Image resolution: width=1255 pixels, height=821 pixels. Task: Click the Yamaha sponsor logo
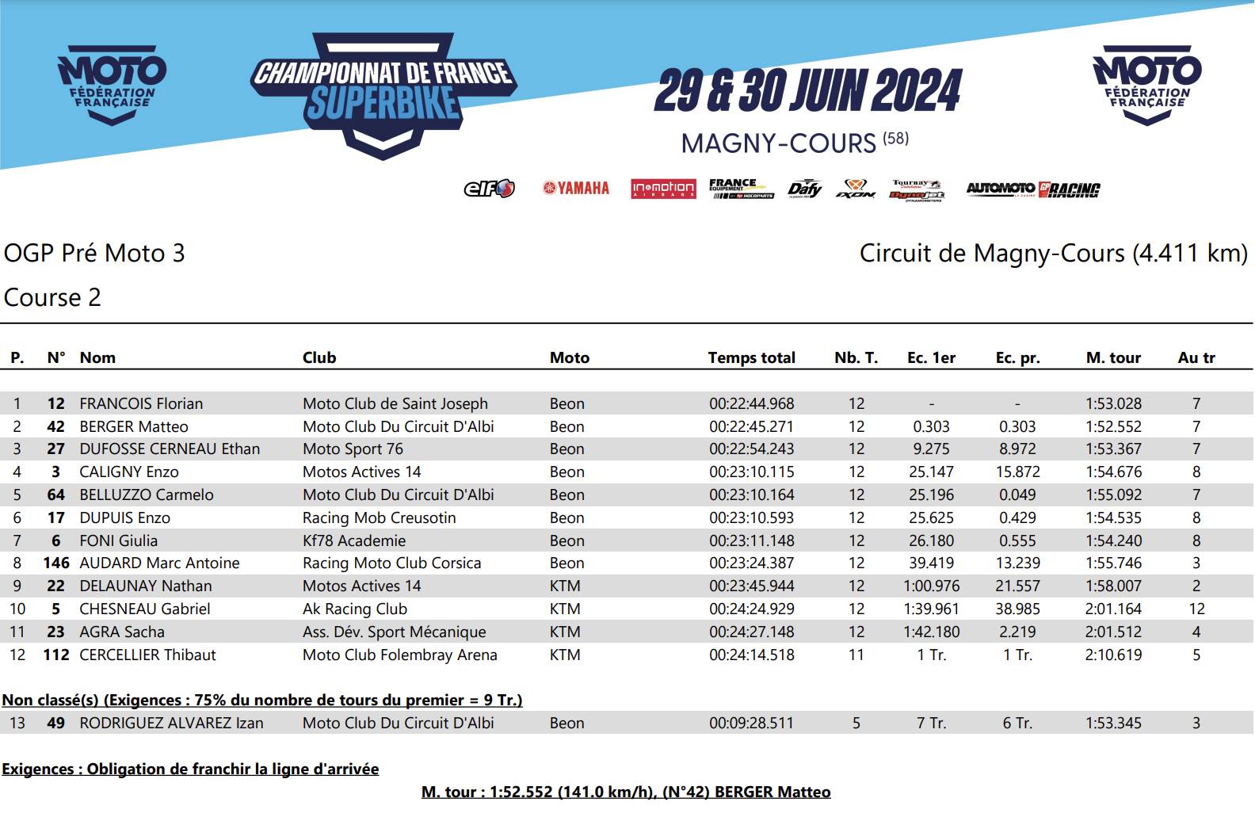pos(576,189)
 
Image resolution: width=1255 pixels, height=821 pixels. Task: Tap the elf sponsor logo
pos(489,189)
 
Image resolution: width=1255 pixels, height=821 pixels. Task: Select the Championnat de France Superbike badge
pos(383,94)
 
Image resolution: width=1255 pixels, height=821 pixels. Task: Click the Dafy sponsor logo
pos(804,189)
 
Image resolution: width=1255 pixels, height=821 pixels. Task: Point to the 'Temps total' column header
pos(751,357)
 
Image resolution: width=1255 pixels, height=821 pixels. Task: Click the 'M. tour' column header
pos(1113,357)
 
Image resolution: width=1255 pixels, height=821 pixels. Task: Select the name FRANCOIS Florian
pos(141,403)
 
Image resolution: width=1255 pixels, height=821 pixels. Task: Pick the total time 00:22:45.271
pos(751,426)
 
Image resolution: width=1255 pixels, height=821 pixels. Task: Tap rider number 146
pos(56,563)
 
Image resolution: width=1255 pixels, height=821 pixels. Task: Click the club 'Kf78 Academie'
pos(354,540)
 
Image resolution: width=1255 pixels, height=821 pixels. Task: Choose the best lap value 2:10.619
pos(1113,655)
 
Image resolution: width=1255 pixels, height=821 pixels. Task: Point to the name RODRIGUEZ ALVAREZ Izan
pos(171,723)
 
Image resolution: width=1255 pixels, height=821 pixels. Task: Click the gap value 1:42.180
pos(931,632)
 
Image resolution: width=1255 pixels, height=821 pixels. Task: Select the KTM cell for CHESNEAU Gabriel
pos(565,609)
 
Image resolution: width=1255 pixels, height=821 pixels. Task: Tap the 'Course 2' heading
pos(52,297)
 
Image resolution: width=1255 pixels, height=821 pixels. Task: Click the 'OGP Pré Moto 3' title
pos(94,253)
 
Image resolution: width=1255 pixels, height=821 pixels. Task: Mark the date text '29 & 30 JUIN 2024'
pos(807,91)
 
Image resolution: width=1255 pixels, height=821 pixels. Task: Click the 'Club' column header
pos(319,357)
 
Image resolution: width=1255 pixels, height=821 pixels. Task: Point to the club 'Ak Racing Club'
pos(355,609)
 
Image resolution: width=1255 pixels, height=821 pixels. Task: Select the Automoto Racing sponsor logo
pos(1032,189)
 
